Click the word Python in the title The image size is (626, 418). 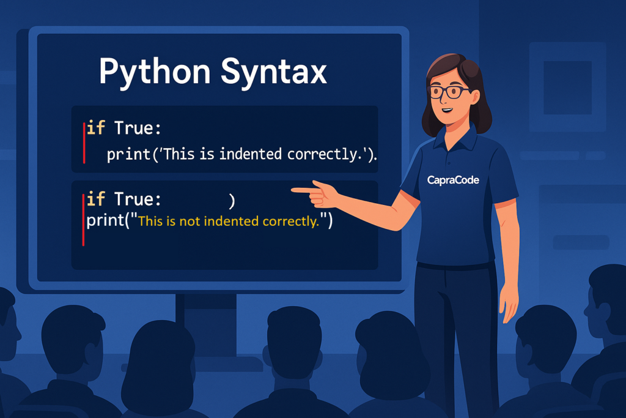155,73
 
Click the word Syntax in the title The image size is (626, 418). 274,73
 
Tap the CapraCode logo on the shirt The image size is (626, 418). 453,180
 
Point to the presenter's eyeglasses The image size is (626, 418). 449,92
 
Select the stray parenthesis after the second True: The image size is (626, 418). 232,201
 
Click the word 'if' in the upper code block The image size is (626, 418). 96,128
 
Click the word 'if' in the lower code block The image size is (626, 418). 96,199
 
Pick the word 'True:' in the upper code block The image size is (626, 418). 138,129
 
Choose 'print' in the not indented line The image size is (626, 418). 105,221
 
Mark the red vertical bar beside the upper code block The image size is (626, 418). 84,143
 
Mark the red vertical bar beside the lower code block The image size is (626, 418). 83,219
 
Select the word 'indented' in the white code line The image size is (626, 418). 251,154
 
